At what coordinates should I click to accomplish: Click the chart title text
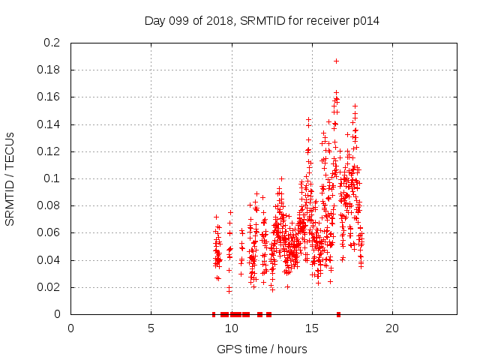pos(262,20)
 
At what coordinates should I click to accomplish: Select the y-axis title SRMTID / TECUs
pos(10,178)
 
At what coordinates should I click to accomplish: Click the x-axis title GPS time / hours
pos(262,349)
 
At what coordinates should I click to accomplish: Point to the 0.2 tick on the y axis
pos(52,43)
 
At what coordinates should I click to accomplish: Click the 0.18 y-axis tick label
pos(49,70)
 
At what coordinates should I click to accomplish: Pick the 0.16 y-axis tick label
pos(49,97)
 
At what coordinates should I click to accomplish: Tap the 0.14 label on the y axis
pos(49,124)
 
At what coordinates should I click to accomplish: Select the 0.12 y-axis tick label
pos(49,151)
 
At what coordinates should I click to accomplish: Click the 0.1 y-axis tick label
pos(52,178)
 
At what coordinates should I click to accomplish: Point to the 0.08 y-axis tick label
pos(49,205)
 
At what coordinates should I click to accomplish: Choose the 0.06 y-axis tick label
pos(49,233)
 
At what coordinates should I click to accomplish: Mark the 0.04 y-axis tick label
pos(49,260)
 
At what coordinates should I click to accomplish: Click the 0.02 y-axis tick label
pos(49,287)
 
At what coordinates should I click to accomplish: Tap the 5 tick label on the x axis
pos(151,328)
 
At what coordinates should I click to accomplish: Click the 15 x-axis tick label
pos(311,328)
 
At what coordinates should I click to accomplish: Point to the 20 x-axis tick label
pos(391,328)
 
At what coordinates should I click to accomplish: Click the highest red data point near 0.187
pos(336,61)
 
